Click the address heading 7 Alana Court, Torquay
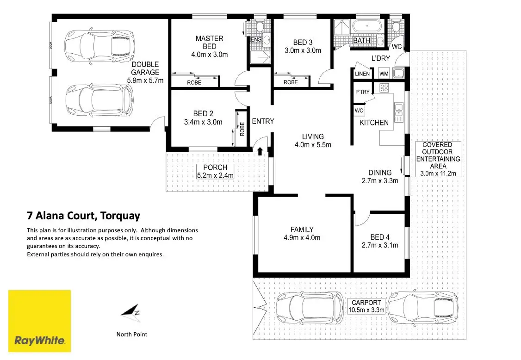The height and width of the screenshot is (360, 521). pos(83,216)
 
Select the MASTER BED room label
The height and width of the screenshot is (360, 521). pos(209,42)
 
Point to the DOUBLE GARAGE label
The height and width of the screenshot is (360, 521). pos(145,68)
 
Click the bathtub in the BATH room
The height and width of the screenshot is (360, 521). pos(367,25)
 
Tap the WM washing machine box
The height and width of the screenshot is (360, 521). pos(384,74)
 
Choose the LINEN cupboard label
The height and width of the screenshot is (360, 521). pos(362,74)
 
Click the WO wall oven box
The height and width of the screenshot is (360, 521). pos(359,111)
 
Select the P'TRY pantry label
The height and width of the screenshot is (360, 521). pos(362,92)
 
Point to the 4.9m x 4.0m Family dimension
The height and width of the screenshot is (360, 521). pos(302,238)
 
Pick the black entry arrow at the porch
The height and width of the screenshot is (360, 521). pos(260,150)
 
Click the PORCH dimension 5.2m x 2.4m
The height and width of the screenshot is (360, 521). pos(216,175)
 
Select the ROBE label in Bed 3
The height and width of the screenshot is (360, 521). pos(291,82)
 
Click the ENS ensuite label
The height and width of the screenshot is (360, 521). pos(255,40)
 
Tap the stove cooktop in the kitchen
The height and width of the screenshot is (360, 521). pos(384,88)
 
